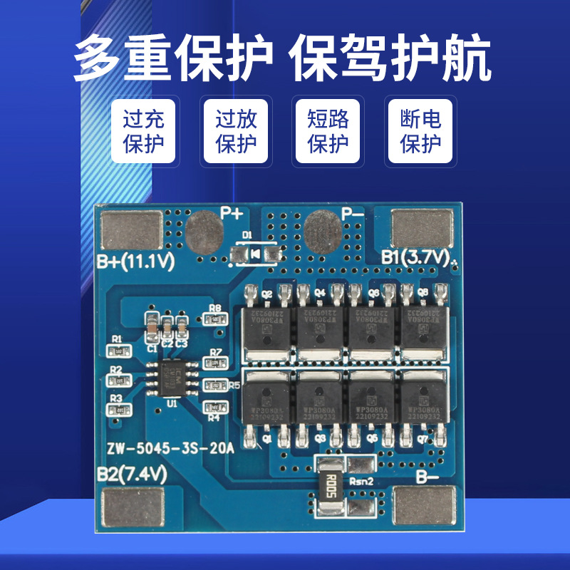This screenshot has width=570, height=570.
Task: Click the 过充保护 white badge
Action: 144,131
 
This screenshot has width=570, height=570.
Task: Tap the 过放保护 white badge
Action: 236,131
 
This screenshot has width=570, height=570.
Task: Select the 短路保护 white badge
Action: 328,131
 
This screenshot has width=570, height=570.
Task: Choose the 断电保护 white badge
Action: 420,131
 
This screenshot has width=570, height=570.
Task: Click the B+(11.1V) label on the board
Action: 136,262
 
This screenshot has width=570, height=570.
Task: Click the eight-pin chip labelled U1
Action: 172,375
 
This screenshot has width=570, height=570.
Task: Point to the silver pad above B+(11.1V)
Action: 132,231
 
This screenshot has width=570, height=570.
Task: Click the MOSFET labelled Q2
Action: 267,324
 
